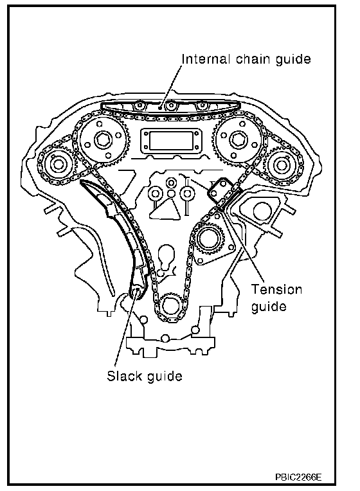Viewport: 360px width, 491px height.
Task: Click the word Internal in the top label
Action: point(206,59)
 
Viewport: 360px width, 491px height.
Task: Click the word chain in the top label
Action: point(253,59)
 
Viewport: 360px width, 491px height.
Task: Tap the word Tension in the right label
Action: point(276,289)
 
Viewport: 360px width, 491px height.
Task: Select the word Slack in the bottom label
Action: point(124,375)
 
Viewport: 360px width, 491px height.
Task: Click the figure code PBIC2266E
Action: point(298,477)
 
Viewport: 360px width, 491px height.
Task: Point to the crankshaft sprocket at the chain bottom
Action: point(170,306)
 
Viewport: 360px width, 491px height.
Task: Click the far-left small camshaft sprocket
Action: point(58,164)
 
